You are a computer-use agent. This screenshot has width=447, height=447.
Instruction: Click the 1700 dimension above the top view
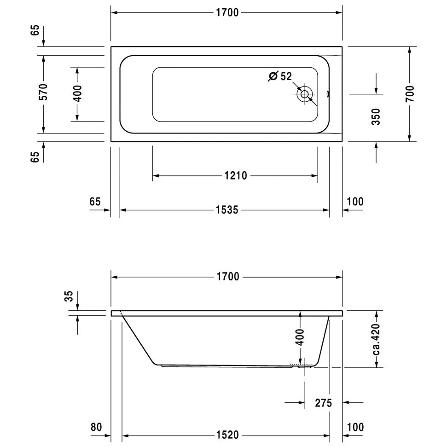coord(227,12)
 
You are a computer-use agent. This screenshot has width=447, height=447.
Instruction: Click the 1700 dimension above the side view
coord(228,277)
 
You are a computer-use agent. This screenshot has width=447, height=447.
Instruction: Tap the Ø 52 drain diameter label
coord(280,76)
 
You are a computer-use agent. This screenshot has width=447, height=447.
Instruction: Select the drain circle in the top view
coord(304,94)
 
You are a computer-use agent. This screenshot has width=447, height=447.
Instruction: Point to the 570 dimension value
coord(43,92)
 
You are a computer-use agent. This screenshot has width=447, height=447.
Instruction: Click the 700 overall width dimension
coord(410,93)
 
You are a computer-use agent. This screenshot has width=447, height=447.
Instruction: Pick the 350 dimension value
coord(376,116)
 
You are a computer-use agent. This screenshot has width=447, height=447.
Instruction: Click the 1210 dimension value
coord(236,175)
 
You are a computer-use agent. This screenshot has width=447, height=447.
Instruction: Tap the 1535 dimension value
coord(226,210)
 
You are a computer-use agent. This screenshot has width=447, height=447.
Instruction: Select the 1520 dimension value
coord(227,435)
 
